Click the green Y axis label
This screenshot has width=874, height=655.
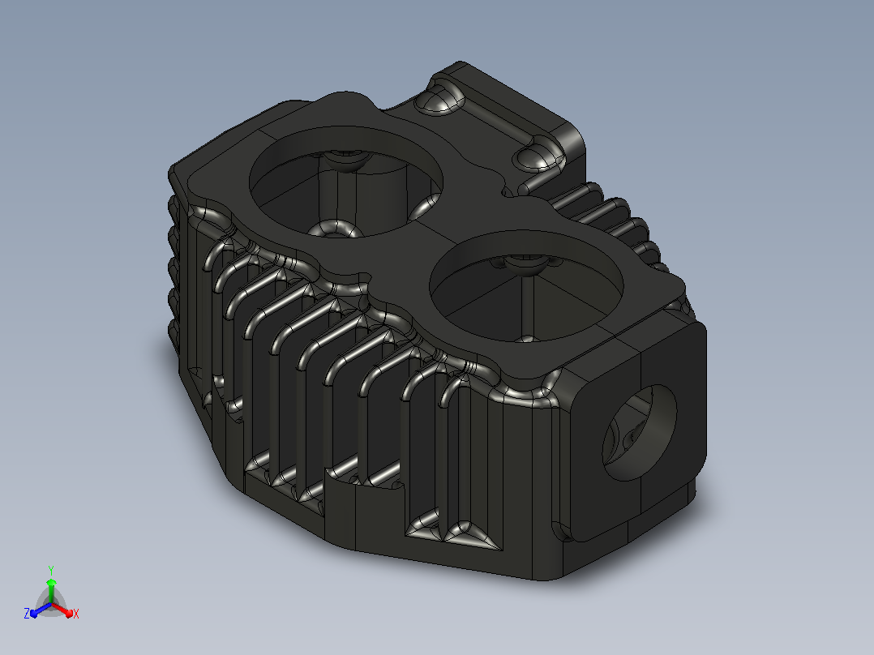(51, 570)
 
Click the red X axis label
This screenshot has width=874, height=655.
(76, 614)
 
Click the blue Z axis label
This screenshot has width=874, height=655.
(27, 613)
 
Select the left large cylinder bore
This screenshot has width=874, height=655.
(345, 181)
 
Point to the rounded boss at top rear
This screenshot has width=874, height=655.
(440, 98)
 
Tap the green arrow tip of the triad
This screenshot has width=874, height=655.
(51, 582)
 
